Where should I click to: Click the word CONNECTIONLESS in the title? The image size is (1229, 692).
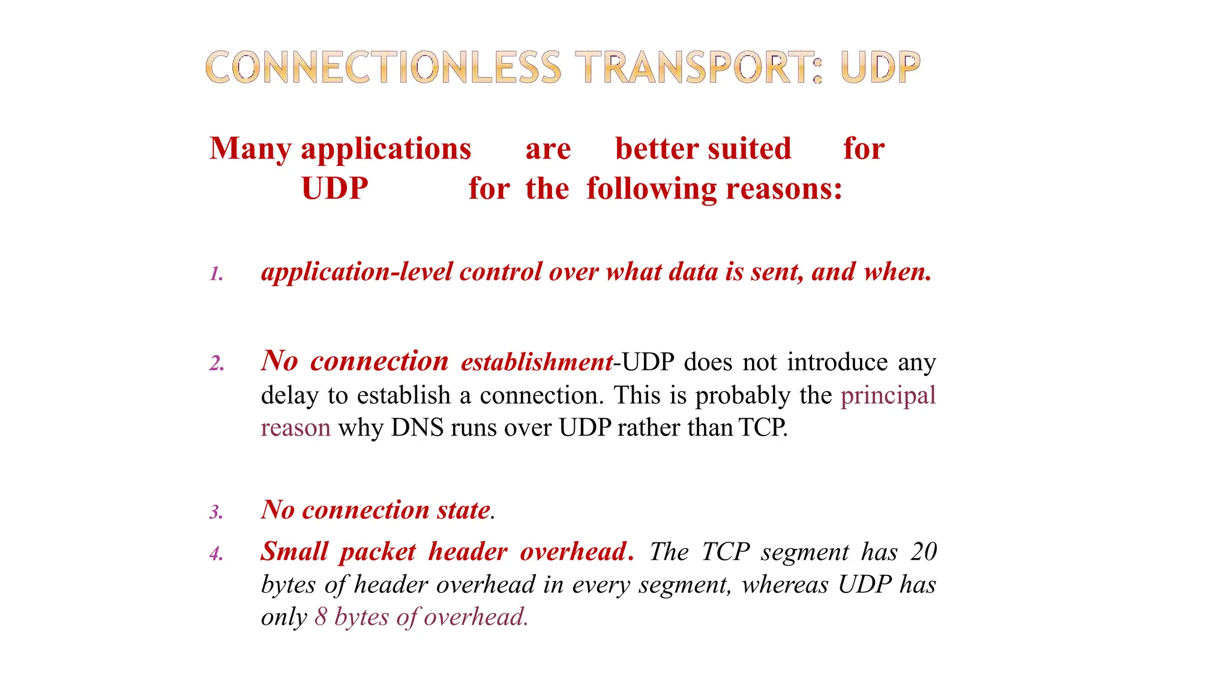(383, 67)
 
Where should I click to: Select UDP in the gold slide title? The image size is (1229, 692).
(880, 67)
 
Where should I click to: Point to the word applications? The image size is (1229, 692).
(386, 149)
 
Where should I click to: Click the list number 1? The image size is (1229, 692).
(216, 275)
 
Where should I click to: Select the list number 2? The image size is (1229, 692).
(217, 363)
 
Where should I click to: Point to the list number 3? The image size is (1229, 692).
(216, 512)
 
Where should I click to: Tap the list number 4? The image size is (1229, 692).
(216, 553)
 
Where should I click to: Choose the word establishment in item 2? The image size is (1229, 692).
(537, 362)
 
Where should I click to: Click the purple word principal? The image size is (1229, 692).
(888, 396)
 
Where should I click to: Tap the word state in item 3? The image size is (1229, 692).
(463, 510)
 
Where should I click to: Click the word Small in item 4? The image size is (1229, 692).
(295, 551)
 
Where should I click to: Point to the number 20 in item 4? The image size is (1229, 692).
(924, 551)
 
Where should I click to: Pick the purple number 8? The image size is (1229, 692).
(321, 617)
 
